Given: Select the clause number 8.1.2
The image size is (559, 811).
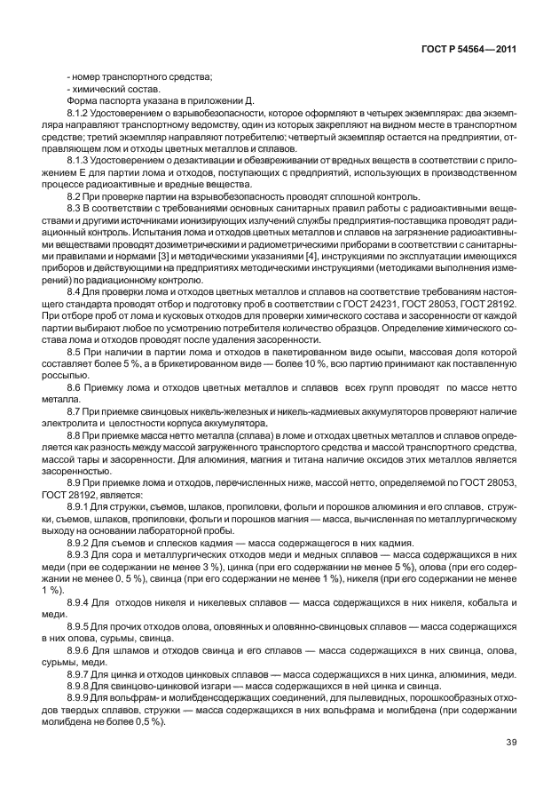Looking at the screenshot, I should [x=78, y=114].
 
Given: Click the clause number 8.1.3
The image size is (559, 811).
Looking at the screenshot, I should [x=78, y=160].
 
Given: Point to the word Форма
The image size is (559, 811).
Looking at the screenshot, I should [x=82, y=101].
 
